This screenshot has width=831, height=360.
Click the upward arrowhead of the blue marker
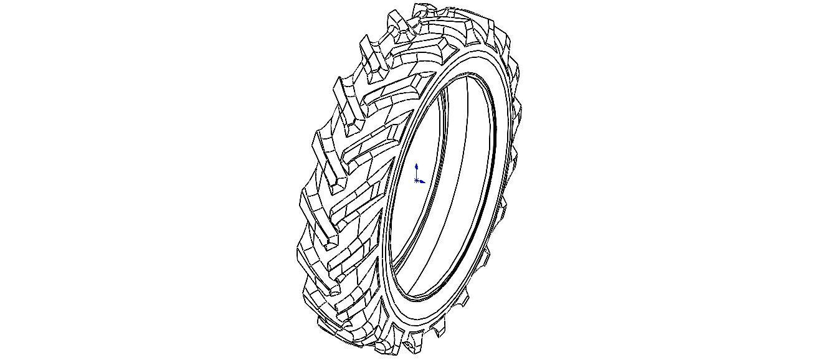[416, 166]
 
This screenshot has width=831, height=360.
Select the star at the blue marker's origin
[416, 181]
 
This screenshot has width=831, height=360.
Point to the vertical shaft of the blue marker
[416, 173]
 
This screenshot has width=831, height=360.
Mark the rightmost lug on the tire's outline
[519, 112]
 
